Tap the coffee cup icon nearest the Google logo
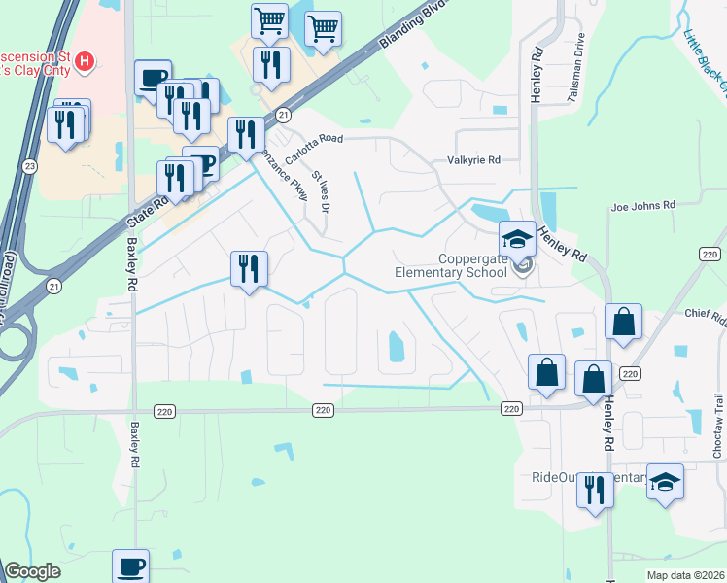[130, 566]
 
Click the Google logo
[33, 572]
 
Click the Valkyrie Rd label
[473, 160]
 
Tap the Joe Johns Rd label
[641, 206]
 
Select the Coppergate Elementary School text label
[450, 265]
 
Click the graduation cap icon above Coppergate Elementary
[518, 238]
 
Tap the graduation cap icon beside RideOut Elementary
[665, 481]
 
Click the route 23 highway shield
[30, 166]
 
